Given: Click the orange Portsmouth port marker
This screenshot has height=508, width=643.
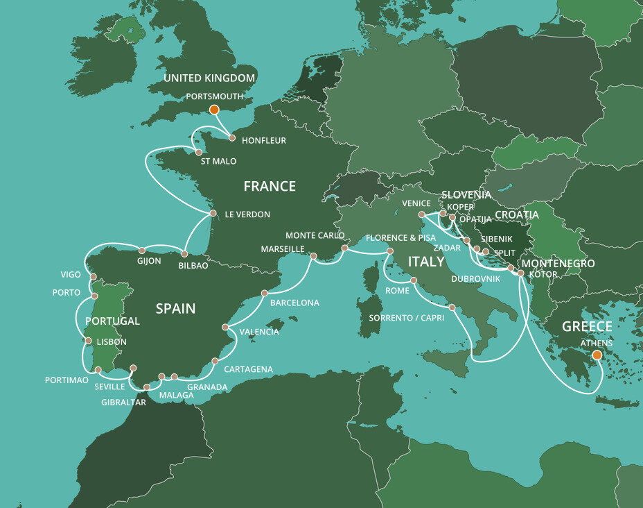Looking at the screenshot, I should click(214, 109).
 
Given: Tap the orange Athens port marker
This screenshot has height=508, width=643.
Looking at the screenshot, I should click(597, 355).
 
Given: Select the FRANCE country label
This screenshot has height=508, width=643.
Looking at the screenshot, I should click(270, 186).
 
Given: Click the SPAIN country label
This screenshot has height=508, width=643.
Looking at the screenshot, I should click(175, 308).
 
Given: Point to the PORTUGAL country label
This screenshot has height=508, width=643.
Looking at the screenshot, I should click(112, 321).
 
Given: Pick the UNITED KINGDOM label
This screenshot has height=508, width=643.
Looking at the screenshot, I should click(209, 78).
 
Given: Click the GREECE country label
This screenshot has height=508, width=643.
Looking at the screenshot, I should click(587, 326).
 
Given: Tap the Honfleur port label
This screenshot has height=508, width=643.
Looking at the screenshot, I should click(264, 140).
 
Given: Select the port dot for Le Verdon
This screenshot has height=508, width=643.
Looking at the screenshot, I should click(213, 213).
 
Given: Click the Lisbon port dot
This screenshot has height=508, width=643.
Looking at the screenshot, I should click(87, 340).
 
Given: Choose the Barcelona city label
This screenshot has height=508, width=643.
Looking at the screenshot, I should click(294, 303).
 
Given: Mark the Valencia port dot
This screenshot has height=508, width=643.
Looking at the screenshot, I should click(224, 327).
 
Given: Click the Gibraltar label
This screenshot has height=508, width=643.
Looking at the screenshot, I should click(123, 401).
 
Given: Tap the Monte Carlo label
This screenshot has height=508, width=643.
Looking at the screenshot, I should click(315, 235).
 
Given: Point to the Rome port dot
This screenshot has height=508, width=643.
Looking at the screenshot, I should click(414, 280).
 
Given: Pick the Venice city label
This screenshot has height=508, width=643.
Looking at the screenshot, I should click(416, 203).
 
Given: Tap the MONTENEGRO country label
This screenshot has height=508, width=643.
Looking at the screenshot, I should click(558, 264).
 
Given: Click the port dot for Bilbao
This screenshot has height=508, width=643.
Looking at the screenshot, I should click(184, 254).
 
